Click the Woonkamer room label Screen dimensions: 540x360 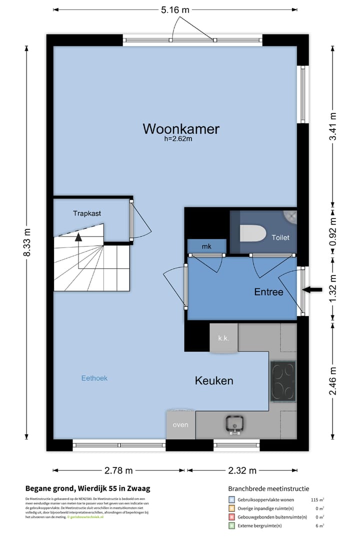(181, 129)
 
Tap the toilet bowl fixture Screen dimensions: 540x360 (252, 234)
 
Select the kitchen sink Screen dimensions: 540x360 (233, 424)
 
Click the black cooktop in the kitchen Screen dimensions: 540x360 (283, 380)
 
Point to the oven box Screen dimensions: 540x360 (180, 425)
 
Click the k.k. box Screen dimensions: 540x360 (223, 338)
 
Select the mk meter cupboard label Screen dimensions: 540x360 (206, 246)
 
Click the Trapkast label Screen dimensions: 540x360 (87, 213)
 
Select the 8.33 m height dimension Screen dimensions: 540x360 (27, 242)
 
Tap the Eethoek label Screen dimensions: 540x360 (94, 378)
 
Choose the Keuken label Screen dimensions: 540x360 (214, 381)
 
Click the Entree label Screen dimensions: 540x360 (268, 292)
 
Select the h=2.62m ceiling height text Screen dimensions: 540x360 (178, 139)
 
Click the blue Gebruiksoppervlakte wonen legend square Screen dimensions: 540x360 (231, 499)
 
